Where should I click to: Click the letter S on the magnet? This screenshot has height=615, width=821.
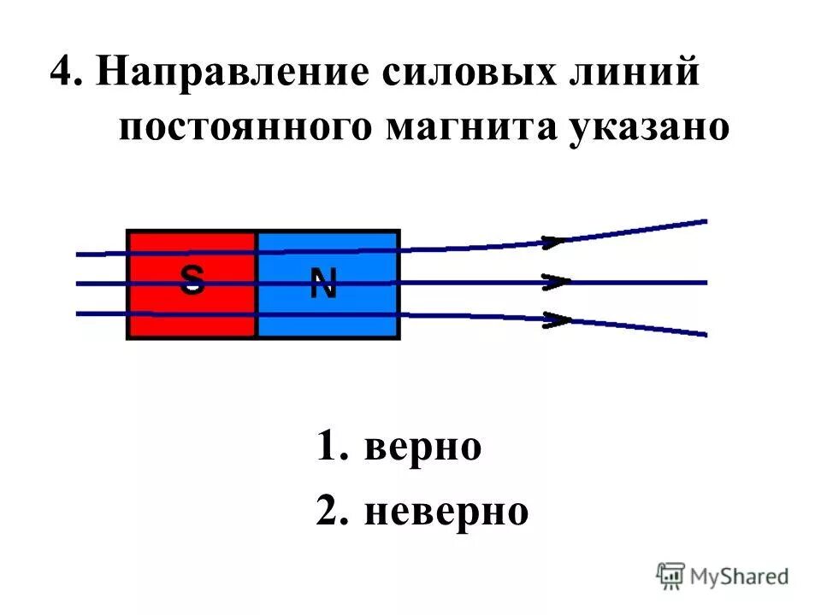[193, 281]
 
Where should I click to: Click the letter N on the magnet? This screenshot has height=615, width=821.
[323, 284]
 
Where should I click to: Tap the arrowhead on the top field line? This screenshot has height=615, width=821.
[554, 242]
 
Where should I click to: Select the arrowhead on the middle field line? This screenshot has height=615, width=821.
[557, 280]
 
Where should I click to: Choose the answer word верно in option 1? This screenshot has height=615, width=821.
[422, 448]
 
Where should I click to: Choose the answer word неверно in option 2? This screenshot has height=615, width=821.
[446, 512]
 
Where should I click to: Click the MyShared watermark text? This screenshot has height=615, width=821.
[739, 577]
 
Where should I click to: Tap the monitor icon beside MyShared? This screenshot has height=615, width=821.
[671, 575]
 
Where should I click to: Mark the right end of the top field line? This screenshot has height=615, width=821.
[706, 221]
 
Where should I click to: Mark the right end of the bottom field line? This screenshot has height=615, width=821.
[706, 335]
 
